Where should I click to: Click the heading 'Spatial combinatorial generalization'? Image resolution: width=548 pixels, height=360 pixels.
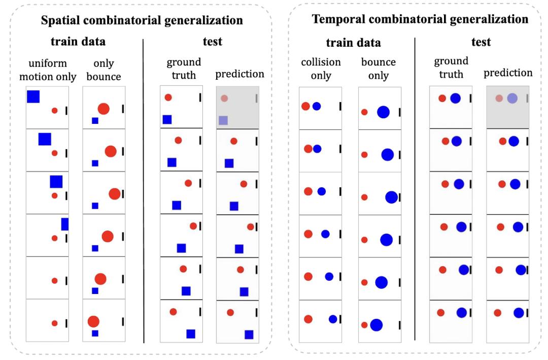coord(142,21)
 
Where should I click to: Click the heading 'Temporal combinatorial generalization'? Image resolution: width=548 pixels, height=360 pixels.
coord(420,19)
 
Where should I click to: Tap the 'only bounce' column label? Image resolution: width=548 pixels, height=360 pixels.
coord(104,70)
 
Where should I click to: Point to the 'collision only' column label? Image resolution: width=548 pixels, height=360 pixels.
coord(321,69)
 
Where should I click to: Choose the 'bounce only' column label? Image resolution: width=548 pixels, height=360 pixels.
coord(379,69)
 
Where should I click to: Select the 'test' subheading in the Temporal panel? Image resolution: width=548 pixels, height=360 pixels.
coord(481,42)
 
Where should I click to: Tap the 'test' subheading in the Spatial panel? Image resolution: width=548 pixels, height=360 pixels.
coord(212,42)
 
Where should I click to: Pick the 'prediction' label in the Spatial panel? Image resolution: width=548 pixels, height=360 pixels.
coord(240,74)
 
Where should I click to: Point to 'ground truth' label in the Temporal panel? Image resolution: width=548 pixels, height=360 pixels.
coord(451,67)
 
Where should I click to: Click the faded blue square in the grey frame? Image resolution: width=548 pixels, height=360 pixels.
coord(223,120)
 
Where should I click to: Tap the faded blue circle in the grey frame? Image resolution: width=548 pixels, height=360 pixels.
coord(512,99)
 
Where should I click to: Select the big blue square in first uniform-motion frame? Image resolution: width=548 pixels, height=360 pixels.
coord(33,96)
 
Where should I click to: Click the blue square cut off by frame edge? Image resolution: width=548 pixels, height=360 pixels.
coord(65,224)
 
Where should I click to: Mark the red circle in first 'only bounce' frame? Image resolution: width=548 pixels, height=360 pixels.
coord(104,109)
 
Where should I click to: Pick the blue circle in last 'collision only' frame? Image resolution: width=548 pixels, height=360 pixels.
coord(333,319)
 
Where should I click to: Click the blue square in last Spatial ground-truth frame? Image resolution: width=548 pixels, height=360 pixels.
coord(191,334)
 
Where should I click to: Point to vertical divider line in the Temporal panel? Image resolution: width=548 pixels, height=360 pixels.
coord(415,188)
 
